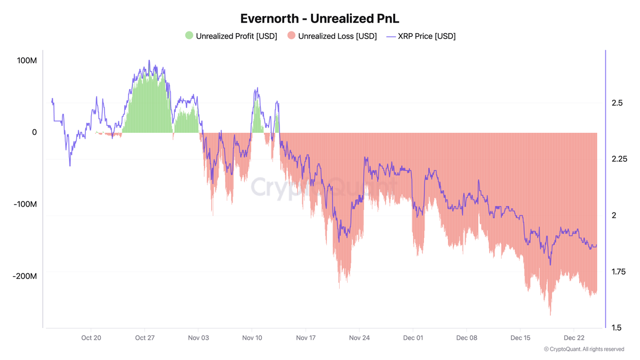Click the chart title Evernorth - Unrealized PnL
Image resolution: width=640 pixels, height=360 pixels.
[x=319, y=18]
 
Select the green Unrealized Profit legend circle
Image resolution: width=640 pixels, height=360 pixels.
[x=189, y=36]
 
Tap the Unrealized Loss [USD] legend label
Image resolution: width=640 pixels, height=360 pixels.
[x=337, y=36]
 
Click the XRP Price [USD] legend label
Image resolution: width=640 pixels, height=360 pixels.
[x=427, y=36]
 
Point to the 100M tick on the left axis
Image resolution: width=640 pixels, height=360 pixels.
[x=27, y=61]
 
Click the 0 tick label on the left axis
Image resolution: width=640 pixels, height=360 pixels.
[x=34, y=132]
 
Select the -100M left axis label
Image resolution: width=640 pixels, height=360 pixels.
[x=25, y=204]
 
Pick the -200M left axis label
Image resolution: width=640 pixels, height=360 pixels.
[x=25, y=276]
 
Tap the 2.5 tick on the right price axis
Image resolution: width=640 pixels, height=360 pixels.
[x=617, y=103]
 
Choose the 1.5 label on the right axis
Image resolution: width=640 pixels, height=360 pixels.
[x=617, y=327]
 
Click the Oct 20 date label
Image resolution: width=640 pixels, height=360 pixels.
[x=91, y=338]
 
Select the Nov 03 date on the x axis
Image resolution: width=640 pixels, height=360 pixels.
[x=198, y=338]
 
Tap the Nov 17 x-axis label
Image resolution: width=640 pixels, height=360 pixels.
[x=306, y=338]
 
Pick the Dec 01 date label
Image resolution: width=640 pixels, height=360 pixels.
[x=413, y=338]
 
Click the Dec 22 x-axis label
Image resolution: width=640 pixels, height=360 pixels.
[x=573, y=338]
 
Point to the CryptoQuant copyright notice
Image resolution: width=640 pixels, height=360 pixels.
[x=584, y=349]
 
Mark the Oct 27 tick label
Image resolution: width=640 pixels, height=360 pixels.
[x=145, y=338]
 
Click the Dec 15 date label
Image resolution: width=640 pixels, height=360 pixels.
[x=520, y=338]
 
